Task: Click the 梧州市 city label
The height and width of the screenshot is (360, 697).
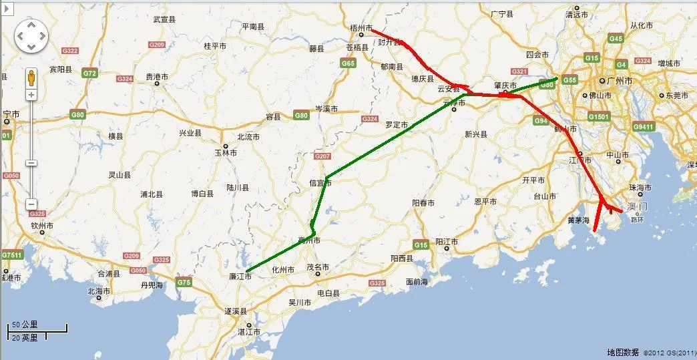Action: pyautogui.click(x=361, y=27)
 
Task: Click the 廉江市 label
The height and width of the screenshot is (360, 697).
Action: pyautogui.click(x=239, y=277)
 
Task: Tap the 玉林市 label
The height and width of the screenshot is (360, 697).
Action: pyautogui.click(x=226, y=152)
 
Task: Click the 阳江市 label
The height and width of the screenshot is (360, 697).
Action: pyautogui.click(x=447, y=241)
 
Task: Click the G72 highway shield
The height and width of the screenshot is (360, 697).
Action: pyautogui.click(x=90, y=72)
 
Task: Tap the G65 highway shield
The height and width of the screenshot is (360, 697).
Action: pyautogui.click(x=348, y=63)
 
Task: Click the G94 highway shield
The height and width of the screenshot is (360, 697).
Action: pyautogui.click(x=541, y=121)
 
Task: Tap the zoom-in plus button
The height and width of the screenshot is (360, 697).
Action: pyautogui.click(x=31, y=95)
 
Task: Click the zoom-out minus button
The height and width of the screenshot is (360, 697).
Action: pyautogui.click(x=31, y=204)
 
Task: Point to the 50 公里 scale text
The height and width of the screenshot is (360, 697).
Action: pyautogui.click(x=25, y=324)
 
